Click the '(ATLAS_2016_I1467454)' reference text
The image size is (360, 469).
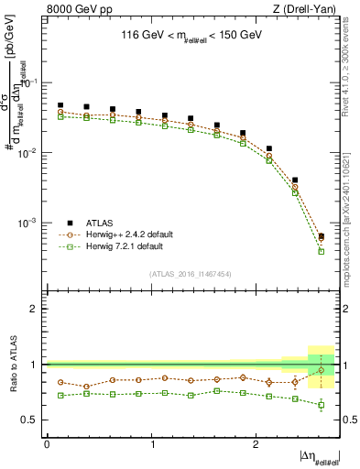click(190, 274)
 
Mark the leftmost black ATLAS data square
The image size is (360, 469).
click(60, 105)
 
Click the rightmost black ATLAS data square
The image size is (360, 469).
click(321, 236)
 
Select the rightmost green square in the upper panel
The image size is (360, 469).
click(321, 251)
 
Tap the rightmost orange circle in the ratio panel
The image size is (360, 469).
click(321, 370)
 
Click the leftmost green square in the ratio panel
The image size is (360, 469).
click(60, 396)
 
